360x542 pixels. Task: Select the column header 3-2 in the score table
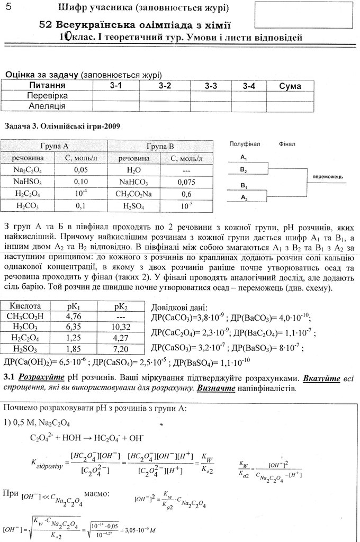tap(165, 86)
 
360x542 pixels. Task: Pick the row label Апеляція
tap(47, 106)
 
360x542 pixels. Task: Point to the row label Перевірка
tap(47, 96)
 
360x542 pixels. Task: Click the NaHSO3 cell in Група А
tap(29, 182)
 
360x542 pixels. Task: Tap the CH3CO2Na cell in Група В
tap(133, 194)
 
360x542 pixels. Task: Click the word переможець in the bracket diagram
tap(328, 176)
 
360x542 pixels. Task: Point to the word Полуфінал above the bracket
tap(244, 144)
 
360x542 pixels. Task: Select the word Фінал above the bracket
tap(286, 144)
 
